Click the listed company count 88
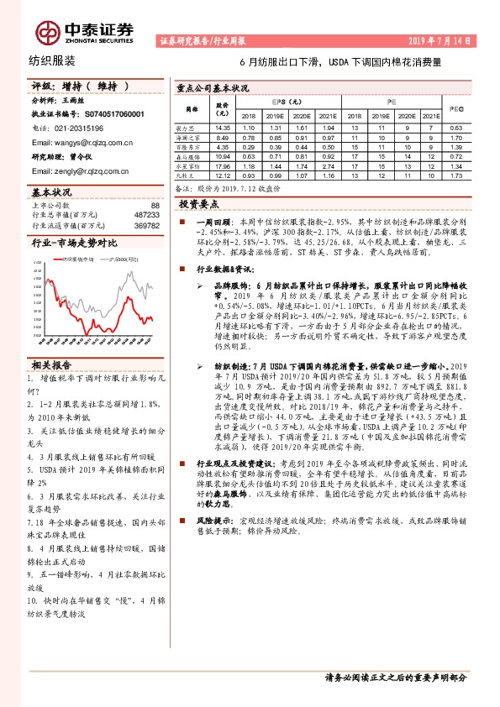[154, 205]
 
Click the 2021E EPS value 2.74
[329, 166]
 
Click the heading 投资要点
[200, 204]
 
